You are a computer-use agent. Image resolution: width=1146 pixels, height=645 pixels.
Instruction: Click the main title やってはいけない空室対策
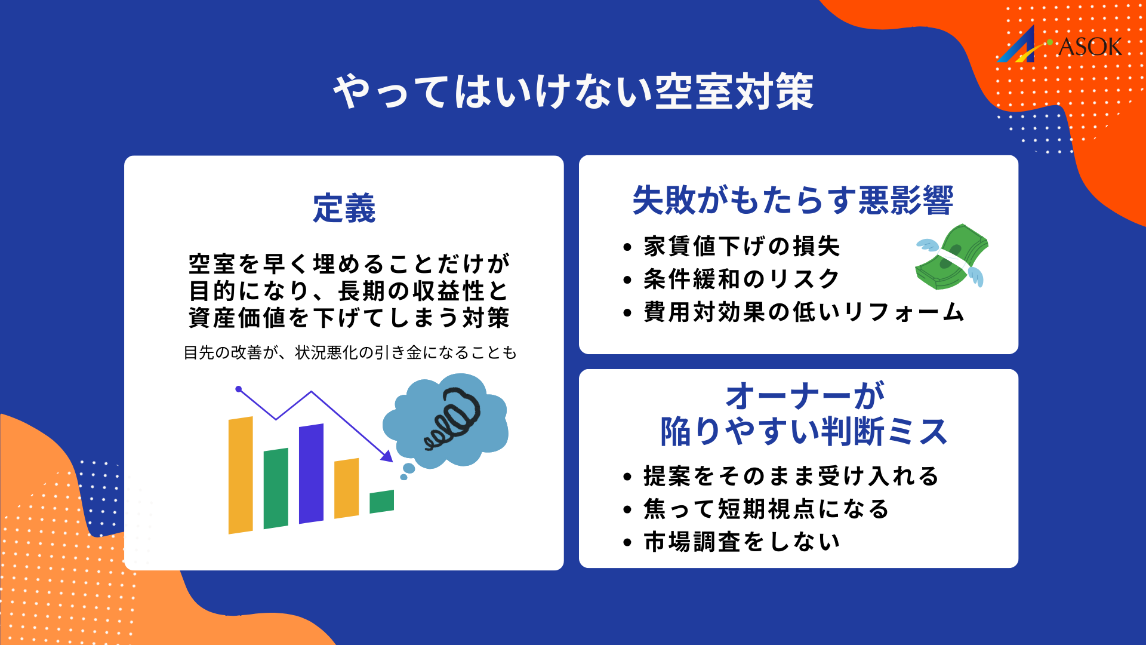(x=573, y=93)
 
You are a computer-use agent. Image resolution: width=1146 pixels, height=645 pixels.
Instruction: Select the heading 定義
(x=344, y=208)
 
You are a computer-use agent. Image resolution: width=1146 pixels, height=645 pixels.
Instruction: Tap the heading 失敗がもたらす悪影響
(x=793, y=200)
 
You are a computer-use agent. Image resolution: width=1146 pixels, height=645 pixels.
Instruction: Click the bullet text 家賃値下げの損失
(x=742, y=247)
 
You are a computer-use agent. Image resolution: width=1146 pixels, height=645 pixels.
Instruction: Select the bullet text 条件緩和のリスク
(x=742, y=279)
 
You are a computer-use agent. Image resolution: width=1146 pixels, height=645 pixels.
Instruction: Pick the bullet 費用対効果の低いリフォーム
(x=804, y=312)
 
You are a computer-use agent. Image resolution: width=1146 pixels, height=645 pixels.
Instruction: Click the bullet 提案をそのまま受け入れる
(x=791, y=477)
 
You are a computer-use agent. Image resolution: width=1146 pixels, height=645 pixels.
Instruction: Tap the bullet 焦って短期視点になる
(x=767, y=509)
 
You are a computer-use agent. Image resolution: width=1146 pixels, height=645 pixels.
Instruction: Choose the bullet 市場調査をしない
(x=742, y=542)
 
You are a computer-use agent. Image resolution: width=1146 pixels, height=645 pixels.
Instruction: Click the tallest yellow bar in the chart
(x=241, y=475)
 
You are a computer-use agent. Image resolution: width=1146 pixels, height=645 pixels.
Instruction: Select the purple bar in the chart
(x=311, y=473)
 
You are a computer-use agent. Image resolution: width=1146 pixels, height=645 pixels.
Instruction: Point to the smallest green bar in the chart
(x=381, y=502)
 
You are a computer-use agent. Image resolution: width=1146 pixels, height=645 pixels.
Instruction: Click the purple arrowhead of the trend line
(x=387, y=457)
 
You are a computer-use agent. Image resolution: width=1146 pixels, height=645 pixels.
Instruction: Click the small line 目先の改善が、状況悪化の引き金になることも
(x=350, y=353)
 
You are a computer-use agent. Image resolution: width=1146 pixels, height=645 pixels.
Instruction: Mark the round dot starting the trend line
(x=239, y=389)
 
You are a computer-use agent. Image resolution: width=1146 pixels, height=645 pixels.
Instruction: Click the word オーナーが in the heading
(x=804, y=396)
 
